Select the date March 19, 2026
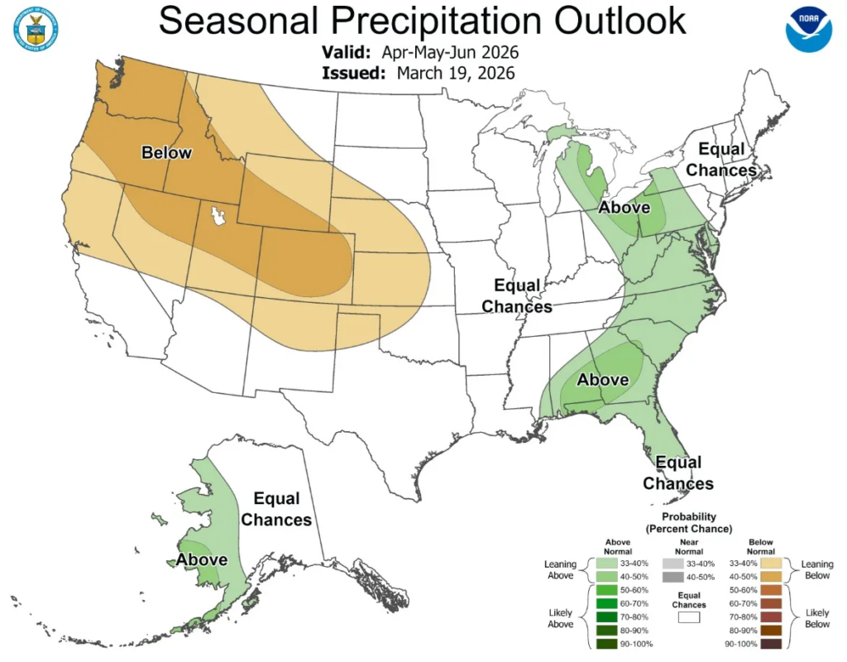(456, 73)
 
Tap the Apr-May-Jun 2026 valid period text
(450, 52)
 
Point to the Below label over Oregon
(166, 153)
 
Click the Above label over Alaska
(202, 560)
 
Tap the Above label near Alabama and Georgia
(603, 381)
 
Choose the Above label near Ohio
(624, 208)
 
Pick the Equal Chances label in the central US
(517, 296)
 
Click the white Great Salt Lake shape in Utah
(218, 218)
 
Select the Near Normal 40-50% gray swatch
(672, 577)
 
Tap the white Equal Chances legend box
(689, 616)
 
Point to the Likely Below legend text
(817, 618)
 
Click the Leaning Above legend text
(560, 570)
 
